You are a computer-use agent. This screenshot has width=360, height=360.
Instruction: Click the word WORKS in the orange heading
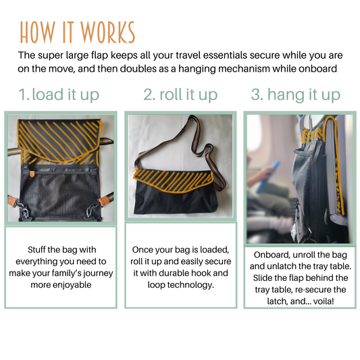(107, 32)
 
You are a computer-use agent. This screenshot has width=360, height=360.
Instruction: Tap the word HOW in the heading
(37, 32)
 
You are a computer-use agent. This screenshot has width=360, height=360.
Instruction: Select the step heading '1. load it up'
(59, 95)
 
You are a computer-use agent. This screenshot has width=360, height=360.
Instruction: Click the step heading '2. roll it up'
(180, 95)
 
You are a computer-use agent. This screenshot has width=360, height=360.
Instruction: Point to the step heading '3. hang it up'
(296, 95)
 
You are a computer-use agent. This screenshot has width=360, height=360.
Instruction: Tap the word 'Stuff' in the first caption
(34, 249)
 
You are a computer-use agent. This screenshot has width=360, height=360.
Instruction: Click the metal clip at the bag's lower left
(23, 211)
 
